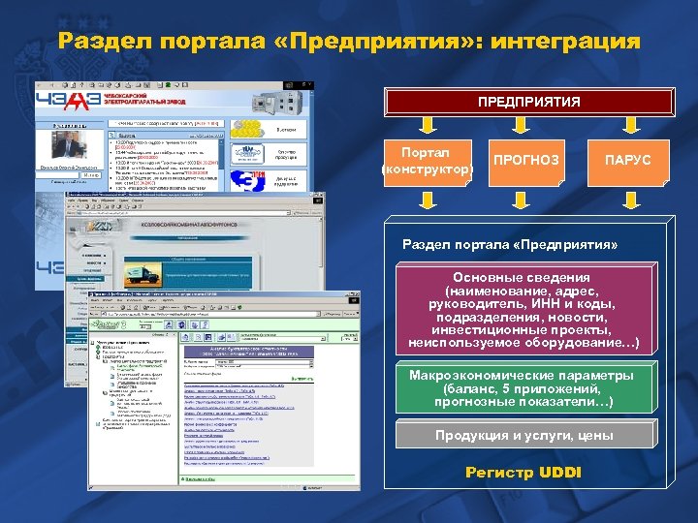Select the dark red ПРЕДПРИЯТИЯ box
[528, 102]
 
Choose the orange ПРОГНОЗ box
[526, 160]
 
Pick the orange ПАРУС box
[627, 160]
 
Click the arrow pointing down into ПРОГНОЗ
[526, 126]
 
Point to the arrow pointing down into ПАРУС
[627, 126]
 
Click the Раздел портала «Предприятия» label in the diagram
[510, 245]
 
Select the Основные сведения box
[524, 311]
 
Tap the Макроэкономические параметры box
[523, 388]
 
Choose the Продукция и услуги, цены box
[523, 436]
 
